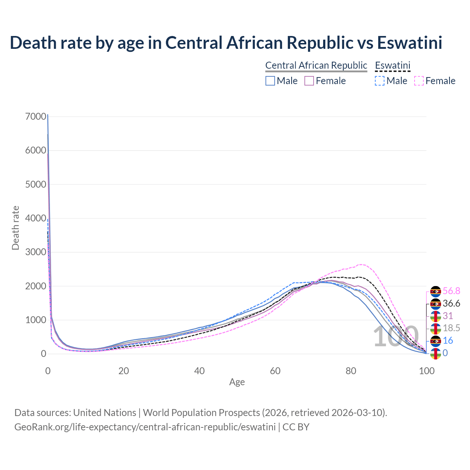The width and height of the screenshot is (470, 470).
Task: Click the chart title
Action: [226, 43]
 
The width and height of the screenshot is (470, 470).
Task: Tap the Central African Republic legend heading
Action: [316, 65]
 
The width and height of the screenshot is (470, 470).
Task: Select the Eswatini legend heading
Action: [393, 65]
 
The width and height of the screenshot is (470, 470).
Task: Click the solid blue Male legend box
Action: [270, 81]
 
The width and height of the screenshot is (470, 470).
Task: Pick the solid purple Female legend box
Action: [309, 81]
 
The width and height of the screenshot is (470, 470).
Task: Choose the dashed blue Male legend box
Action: [380, 81]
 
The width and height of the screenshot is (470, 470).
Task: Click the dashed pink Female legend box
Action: [419, 81]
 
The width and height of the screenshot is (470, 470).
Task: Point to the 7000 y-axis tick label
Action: [36, 117]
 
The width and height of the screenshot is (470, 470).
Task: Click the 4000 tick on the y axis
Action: [36, 218]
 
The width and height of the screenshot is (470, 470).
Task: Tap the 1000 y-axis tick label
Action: [36, 320]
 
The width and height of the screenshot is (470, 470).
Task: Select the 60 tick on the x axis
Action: [275, 371]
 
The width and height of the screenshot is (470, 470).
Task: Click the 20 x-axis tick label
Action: [123, 371]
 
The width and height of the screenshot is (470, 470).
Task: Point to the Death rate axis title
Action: [15, 228]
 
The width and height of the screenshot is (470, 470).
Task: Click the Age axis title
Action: [237, 382]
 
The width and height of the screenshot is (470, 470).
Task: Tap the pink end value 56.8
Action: [451, 291]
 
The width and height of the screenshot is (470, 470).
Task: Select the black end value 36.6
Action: [451, 304]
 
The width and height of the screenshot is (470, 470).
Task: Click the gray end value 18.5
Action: [451, 328]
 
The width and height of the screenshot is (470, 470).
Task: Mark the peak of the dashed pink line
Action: [361, 264]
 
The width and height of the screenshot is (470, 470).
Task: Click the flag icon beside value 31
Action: [435, 316]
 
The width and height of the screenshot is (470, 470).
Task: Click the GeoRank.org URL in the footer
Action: [145, 427]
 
